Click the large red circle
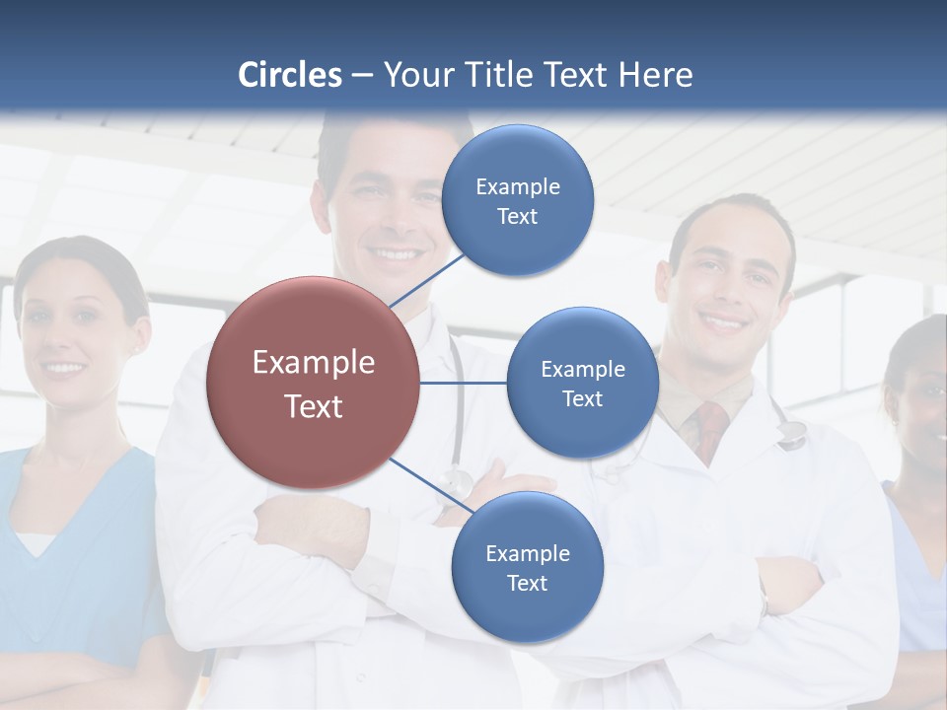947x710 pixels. [313, 383]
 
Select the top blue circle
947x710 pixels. [518, 200]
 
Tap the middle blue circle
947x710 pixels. [582, 383]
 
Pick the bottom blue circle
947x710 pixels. [527, 567]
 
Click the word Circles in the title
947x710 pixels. [290, 75]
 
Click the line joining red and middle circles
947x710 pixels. [464, 383]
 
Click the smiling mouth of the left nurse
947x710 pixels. [65, 370]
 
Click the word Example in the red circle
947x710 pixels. [313, 363]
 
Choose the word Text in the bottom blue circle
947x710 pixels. [527, 583]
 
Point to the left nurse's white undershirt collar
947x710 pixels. [36, 542]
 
